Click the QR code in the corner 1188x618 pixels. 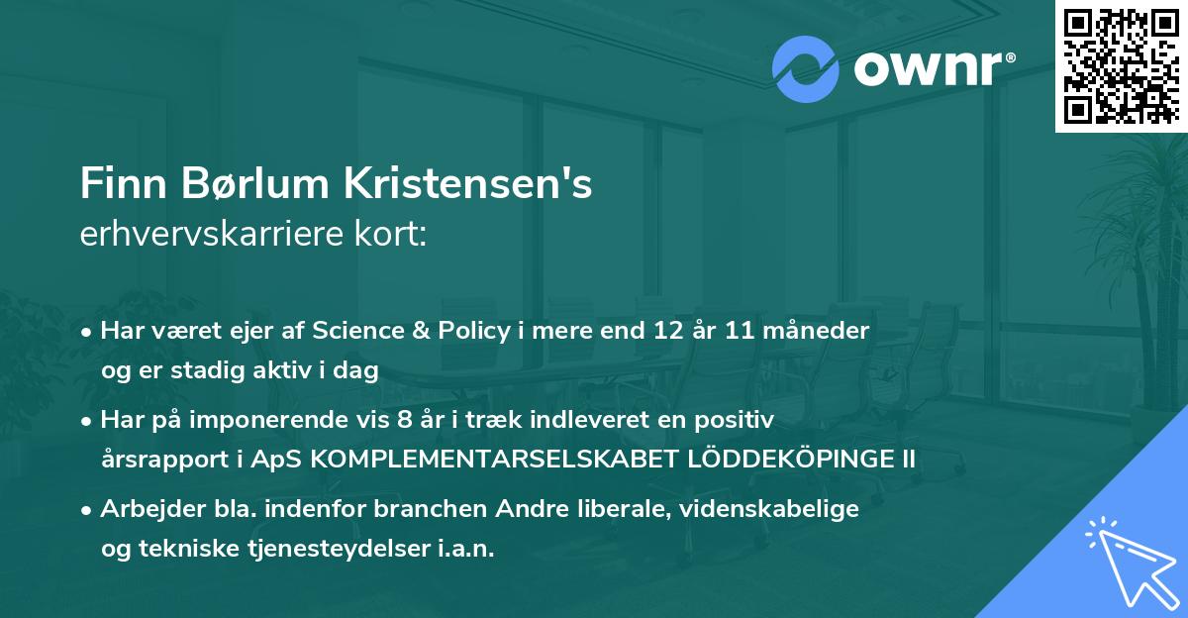1122,65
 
